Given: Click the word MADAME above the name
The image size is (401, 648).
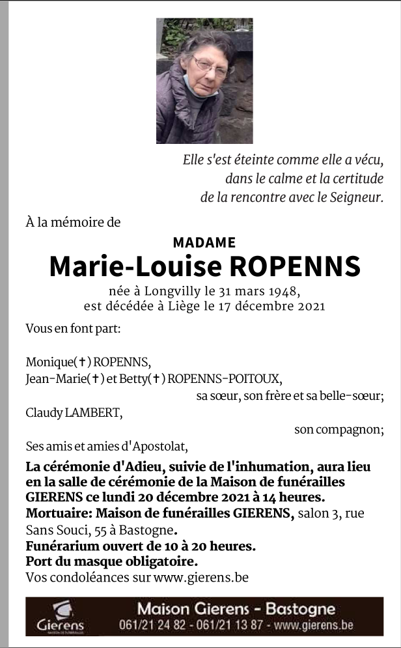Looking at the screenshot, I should (204, 243).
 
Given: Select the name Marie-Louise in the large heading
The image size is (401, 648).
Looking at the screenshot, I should (130, 267).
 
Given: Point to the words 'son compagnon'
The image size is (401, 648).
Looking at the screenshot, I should (339, 429).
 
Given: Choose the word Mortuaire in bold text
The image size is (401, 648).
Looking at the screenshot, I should (55, 514).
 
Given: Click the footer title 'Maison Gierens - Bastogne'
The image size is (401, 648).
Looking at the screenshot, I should (236, 610).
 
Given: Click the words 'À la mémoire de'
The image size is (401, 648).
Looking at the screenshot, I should (73, 222).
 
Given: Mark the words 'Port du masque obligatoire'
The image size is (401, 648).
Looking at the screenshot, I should (111, 561).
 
